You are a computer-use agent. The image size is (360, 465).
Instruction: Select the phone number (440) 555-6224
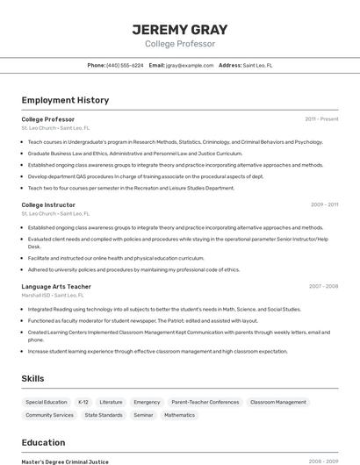click(125, 65)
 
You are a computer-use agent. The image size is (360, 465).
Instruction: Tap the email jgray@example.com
click(190, 65)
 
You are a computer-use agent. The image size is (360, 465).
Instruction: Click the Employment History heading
click(65, 100)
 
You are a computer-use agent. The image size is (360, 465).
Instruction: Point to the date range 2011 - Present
click(321, 118)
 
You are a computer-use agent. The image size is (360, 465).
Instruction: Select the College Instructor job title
click(48, 204)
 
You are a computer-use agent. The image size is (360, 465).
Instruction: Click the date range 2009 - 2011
click(324, 204)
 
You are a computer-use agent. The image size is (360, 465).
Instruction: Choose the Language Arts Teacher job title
click(56, 287)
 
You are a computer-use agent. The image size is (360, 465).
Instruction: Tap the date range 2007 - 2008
click(323, 287)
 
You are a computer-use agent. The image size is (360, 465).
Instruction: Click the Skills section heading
click(33, 378)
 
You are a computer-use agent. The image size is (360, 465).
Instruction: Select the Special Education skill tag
click(47, 402)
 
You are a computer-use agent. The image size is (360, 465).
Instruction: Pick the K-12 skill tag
click(83, 402)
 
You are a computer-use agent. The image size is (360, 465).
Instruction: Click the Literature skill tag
click(111, 402)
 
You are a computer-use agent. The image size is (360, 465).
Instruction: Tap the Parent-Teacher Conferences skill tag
click(205, 402)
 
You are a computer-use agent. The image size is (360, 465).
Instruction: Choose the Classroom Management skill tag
click(278, 402)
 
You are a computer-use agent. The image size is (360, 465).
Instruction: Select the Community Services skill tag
click(50, 415)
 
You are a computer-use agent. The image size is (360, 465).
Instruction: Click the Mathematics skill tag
click(179, 415)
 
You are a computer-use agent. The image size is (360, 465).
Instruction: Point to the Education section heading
click(43, 442)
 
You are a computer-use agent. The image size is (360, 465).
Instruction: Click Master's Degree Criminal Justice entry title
click(65, 461)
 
